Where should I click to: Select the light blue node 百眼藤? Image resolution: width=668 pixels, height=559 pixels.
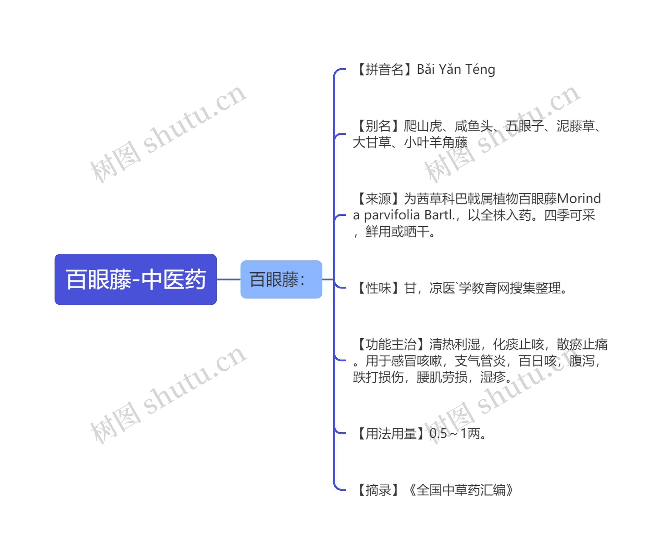click(281, 279)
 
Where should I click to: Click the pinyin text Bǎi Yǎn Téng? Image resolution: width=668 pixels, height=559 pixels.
click(456, 69)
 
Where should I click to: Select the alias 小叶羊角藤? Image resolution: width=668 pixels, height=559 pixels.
click(436, 142)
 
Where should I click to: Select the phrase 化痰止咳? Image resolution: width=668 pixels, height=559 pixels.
click(518, 344)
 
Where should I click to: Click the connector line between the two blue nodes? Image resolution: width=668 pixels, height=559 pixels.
click(228, 279)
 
